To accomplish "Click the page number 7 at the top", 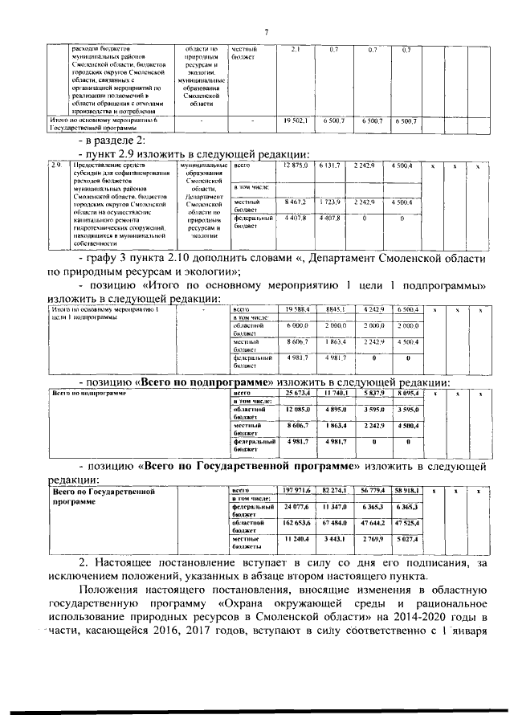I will [x=266, y=31].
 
